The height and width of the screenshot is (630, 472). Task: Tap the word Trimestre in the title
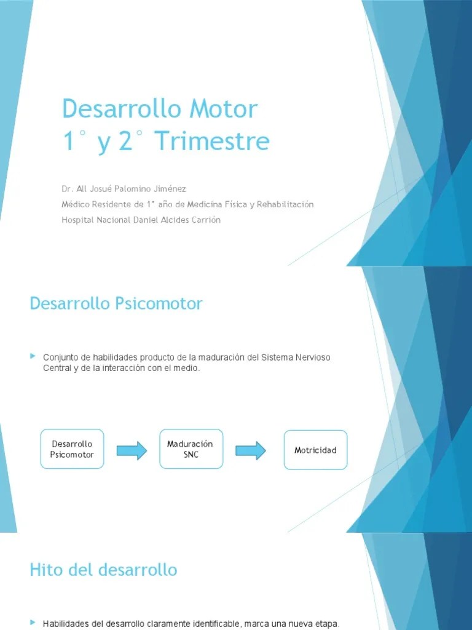tap(212, 141)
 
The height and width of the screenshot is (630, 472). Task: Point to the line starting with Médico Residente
tap(187, 204)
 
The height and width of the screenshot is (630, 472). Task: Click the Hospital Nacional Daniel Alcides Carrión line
tap(141, 220)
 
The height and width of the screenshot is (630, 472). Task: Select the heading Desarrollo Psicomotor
tap(116, 303)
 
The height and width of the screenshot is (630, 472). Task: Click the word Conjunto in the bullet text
tap(59, 357)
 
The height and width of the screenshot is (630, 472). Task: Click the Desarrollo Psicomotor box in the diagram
tap(72, 449)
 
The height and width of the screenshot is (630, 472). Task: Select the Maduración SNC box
tap(191, 449)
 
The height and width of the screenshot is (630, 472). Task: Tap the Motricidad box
tap(315, 450)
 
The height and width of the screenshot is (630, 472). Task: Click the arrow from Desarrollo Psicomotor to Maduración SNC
tap(132, 450)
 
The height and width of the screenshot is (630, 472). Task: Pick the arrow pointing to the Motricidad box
tap(251, 450)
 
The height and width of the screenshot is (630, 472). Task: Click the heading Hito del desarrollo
tap(103, 570)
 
